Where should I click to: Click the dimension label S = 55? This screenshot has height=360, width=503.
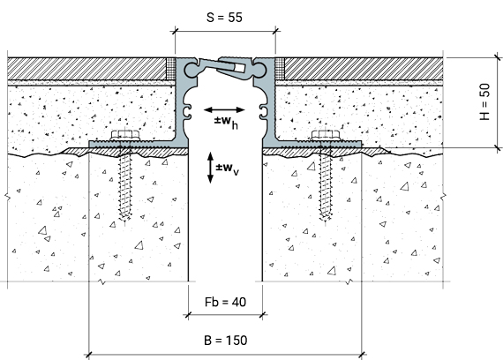pos(224,18)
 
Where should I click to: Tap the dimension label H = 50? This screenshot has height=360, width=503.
pos(485,101)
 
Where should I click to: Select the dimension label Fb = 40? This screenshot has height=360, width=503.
pos(225,302)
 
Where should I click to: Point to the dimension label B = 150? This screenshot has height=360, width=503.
pos(226,340)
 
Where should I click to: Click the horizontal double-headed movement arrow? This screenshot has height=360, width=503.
pos(224,110)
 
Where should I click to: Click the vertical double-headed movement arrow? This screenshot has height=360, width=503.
pos(210,168)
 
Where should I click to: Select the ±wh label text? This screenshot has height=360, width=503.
pos(226,122)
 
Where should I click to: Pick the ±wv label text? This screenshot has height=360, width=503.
pos(228,169)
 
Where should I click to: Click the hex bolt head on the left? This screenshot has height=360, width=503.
pos(125,135)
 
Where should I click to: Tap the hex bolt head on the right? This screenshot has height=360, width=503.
pos(326,135)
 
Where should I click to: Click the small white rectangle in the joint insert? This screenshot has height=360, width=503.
pos(239,68)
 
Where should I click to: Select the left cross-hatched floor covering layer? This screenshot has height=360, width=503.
pos(86,69)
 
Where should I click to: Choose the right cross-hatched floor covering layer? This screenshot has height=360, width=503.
pos(364,69)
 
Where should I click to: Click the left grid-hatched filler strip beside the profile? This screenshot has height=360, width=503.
pos(171,69)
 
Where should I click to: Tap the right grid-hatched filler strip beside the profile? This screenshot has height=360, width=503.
pos(280,69)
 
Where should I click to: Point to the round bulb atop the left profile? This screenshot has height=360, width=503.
pos(191,70)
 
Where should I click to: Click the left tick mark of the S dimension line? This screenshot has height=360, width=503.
pos(175,31)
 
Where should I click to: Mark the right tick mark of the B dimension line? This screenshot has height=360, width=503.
pos(362,355)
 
